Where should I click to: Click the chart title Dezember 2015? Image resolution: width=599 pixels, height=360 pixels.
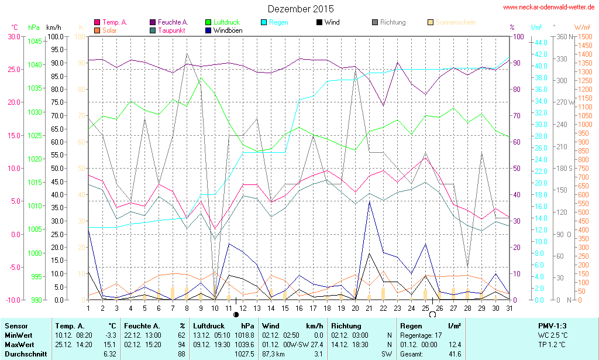pos(301,9)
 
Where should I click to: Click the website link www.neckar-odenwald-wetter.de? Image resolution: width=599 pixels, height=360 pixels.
pos(549,7)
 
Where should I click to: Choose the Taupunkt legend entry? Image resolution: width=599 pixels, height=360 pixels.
pos(171,30)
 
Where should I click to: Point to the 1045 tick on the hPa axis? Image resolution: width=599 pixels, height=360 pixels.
pos(35,42)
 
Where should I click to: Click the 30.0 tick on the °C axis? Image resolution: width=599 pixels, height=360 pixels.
pos(13,36)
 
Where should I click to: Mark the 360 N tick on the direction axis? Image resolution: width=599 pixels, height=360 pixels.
pos(564,36)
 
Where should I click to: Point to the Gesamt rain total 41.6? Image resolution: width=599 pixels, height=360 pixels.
pos(455,354)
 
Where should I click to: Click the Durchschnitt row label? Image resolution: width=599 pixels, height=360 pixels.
pos(25,354)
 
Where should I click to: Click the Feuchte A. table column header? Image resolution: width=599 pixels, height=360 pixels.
pos(141,325)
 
